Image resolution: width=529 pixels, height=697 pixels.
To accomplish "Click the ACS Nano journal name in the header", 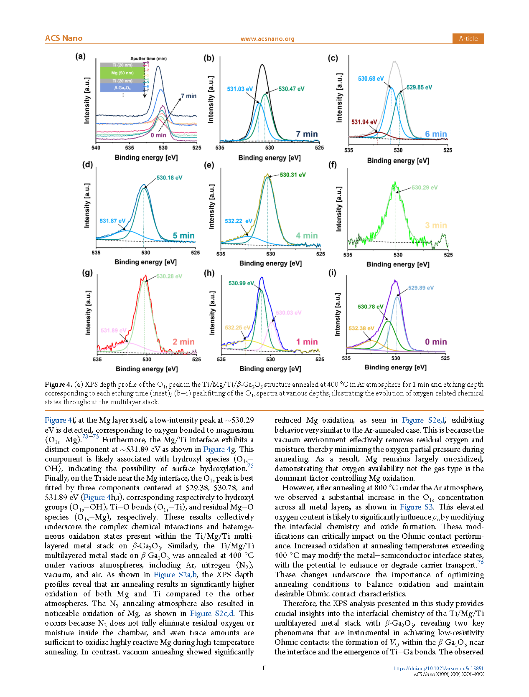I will pos(64,38).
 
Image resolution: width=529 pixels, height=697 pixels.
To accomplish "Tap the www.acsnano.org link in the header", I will pos(267,39).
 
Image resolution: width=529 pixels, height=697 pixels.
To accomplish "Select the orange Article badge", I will pos(468,38).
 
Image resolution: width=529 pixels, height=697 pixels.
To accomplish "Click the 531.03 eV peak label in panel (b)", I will pos(240,89).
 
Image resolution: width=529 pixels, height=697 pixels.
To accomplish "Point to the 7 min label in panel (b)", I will pos(307,134).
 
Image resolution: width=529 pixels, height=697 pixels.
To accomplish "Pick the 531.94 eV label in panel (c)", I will pos(364,122).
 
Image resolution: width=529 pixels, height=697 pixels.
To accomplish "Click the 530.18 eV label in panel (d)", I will pos(169,177).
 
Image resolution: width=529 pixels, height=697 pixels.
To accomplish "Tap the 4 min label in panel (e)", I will pos(307,236).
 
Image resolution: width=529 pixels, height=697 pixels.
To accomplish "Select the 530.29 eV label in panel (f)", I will pos(425,188).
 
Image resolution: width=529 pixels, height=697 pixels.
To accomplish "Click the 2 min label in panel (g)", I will pos(183,342).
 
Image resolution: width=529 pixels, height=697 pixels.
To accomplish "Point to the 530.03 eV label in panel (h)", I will pos(288,312).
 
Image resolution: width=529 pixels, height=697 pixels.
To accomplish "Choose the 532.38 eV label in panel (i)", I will pos(361,328).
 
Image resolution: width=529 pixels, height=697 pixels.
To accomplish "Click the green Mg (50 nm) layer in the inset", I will pos(122,73).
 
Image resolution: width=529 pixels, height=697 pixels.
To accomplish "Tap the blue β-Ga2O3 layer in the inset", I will pos(122,88).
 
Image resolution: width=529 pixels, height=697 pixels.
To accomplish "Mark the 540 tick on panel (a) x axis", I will pos(96,147).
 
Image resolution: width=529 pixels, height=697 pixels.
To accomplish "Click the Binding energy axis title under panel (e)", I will pos(270,263).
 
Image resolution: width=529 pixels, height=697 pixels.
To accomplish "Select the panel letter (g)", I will pos(87,273).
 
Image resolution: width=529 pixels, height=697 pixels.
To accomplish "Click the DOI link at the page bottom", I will pos(438,668).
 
